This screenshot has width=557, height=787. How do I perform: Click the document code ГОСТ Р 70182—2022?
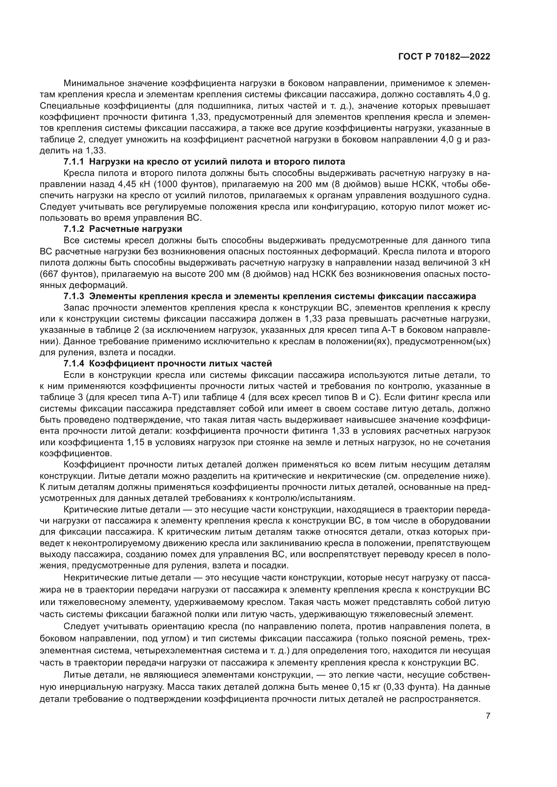pyautogui.click(x=444, y=57)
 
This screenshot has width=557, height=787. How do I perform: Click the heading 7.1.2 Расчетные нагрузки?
pyautogui.click(x=123, y=228)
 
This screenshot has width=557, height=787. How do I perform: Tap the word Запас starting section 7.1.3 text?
pyautogui.click(x=76, y=308)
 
